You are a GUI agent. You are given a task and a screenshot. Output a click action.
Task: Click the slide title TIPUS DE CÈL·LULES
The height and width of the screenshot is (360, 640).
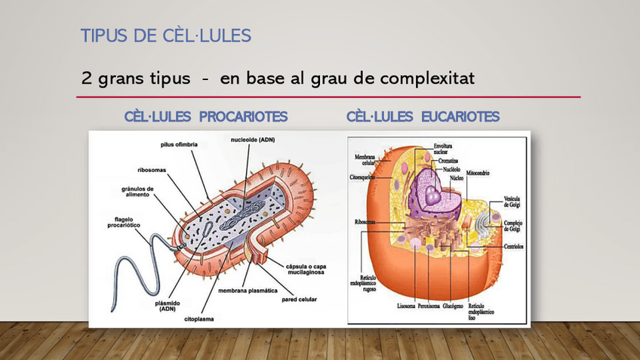coord(165,35)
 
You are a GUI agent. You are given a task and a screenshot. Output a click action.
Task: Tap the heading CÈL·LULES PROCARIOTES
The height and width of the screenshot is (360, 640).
coord(205,117)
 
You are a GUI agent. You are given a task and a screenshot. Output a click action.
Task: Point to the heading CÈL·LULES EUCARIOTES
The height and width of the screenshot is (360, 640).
coord(423,117)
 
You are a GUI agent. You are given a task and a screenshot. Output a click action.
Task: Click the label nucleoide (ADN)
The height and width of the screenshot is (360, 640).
coord(253,140)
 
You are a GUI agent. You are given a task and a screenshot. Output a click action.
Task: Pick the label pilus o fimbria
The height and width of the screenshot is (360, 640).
coord(179,144)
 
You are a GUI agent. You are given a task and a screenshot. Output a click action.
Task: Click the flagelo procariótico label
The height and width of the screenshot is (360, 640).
coord(124,222)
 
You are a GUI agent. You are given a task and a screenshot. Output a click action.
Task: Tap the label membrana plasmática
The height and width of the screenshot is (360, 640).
coord(248,291)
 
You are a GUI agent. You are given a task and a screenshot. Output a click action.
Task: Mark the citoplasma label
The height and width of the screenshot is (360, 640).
coord(199,319)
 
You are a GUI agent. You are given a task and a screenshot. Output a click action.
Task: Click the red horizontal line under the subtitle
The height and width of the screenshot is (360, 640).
coord(328,97)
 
